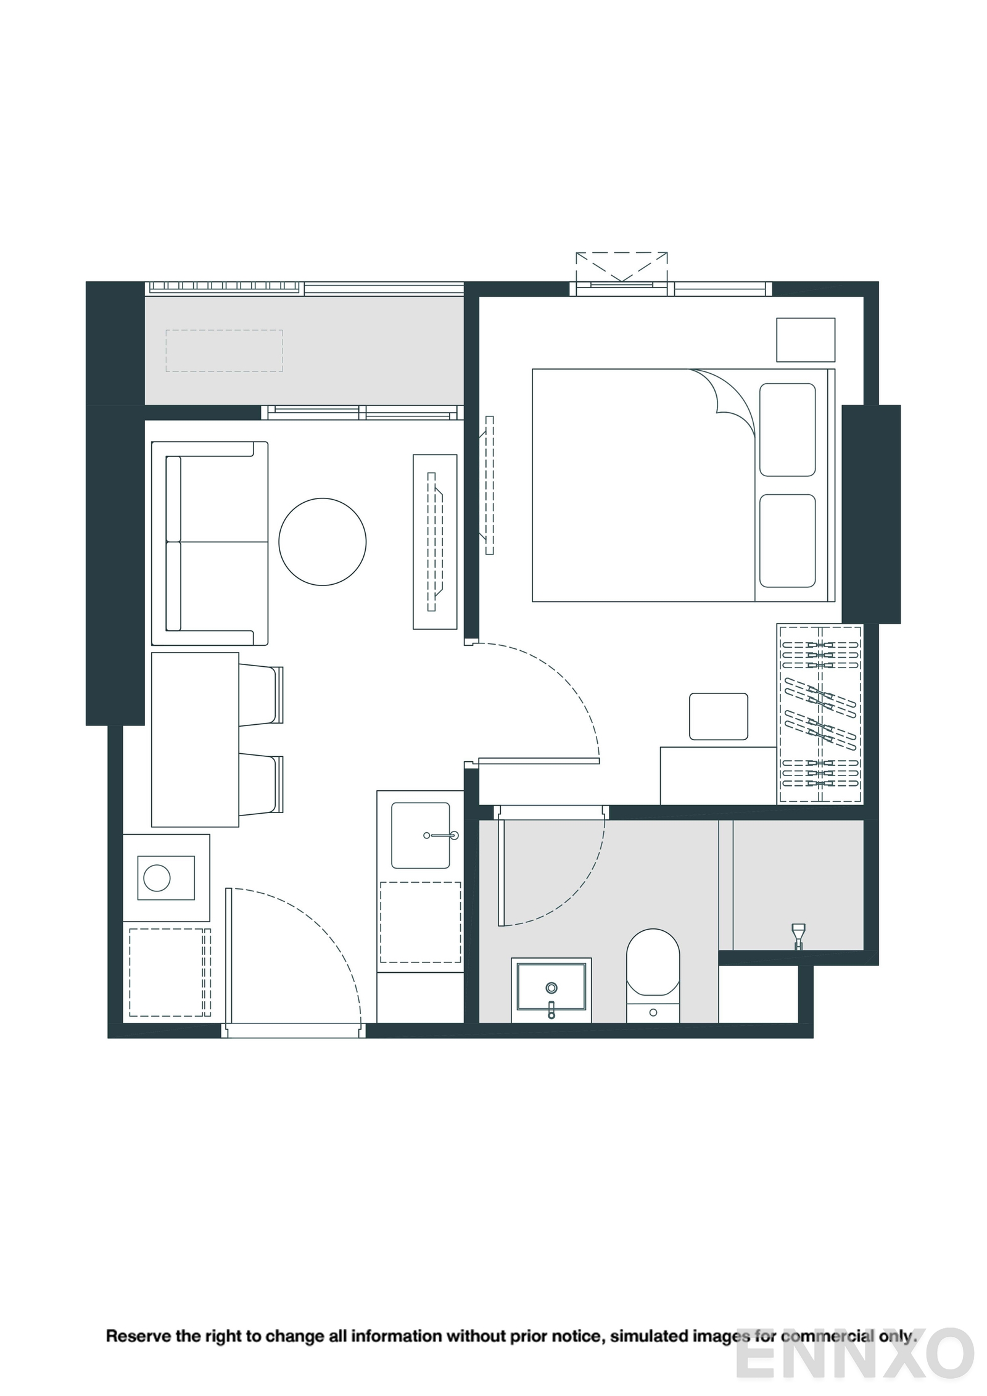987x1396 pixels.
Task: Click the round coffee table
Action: click(322, 542)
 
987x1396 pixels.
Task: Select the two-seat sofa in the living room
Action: click(210, 543)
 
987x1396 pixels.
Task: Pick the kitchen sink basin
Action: click(420, 835)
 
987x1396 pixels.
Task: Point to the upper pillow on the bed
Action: click(787, 429)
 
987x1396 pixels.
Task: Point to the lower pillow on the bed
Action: click(787, 540)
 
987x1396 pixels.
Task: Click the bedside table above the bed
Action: click(805, 339)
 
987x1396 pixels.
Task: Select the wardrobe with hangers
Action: click(819, 714)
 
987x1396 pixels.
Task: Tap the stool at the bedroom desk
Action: click(718, 716)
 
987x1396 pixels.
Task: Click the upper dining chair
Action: click(260, 694)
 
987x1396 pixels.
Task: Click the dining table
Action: click(195, 739)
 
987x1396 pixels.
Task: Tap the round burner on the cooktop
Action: click(157, 878)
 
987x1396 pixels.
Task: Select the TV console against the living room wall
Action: click(435, 542)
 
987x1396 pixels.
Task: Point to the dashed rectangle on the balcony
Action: click(224, 350)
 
